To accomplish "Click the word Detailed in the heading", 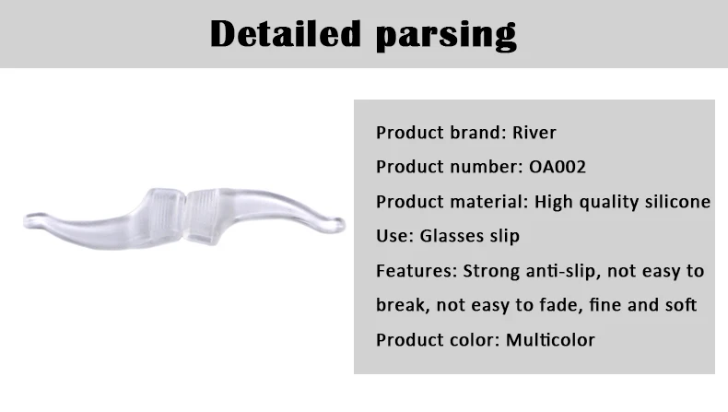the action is click(x=285, y=34).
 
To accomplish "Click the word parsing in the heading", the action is click(x=446, y=36).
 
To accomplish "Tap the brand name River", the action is click(x=534, y=133).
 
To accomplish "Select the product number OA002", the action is click(x=558, y=167).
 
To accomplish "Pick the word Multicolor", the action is click(x=550, y=340).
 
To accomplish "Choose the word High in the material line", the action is click(x=554, y=202).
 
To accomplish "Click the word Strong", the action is click(x=491, y=271).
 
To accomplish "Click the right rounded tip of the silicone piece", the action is click(x=339, y=225).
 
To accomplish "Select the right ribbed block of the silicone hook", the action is click(x=203, y=217).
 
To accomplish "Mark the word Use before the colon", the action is click(x=392, y=236).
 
